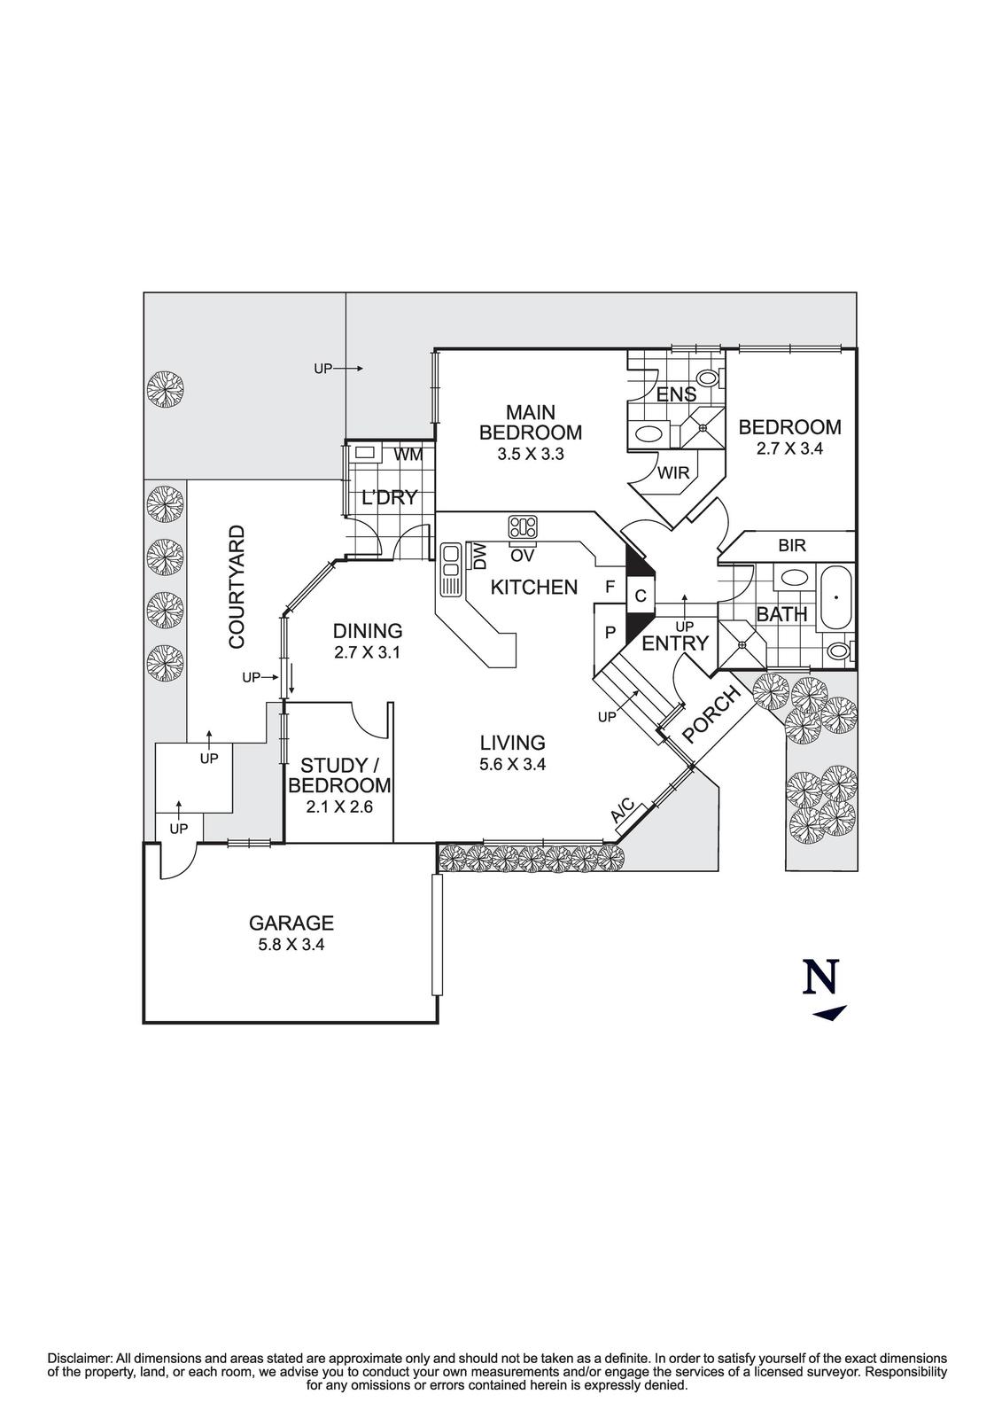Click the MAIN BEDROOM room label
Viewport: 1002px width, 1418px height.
(x=530, y=423)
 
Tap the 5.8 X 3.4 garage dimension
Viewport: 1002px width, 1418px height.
(x=291, y=945)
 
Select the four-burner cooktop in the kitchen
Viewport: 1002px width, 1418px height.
(x=523, y=527)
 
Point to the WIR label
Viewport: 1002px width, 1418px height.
(x=673, y=473)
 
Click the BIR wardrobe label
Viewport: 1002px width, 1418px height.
(x=792, y=546)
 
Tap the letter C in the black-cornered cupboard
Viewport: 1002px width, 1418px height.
(x=640, y=596)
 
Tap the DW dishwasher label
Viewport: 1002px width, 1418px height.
(x=480, y=557)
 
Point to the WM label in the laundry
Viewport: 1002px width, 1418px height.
(x=408, y=455)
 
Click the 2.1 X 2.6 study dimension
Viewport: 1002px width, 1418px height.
(x=339, y=807)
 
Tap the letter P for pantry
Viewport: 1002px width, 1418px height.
(x=610, y=633)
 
